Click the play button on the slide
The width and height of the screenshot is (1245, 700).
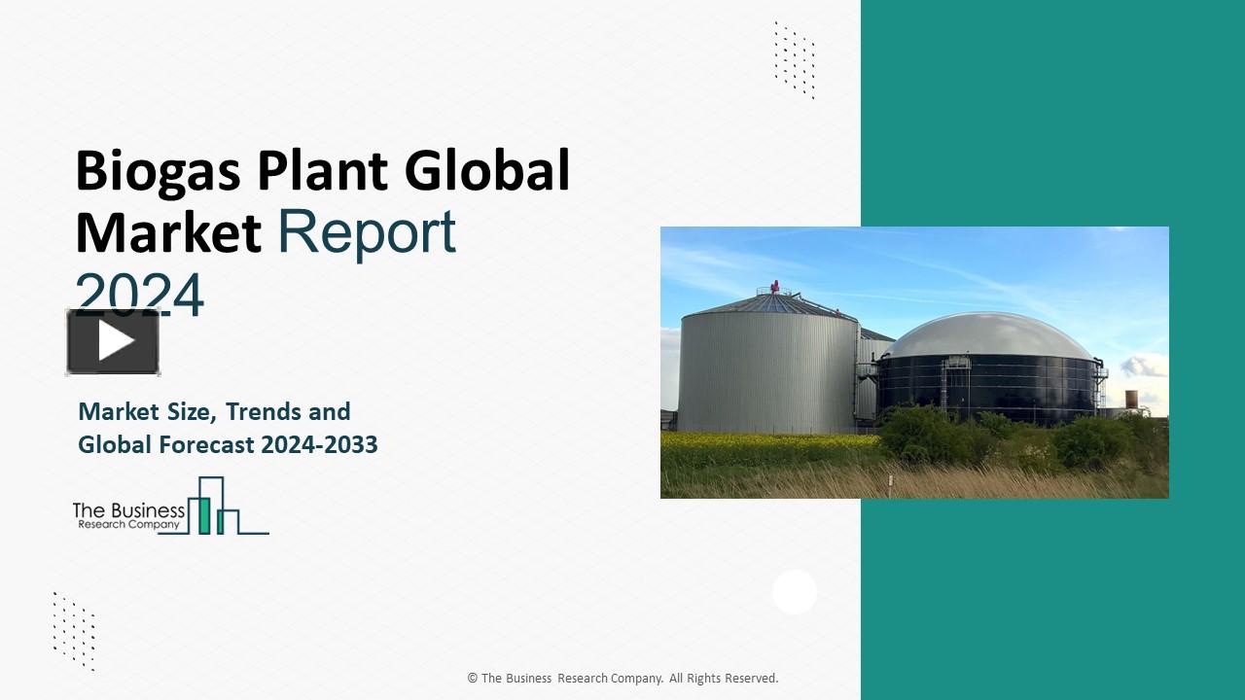tap(113, 341)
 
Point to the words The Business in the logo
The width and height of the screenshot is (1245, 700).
tap(128, 509)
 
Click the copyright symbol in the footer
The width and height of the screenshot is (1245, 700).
tap(473, 679)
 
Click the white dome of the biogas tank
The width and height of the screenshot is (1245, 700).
tap(988, 336)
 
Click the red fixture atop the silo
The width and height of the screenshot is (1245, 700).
tap(775, 287)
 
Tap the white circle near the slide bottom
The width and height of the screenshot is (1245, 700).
tap(795, 592)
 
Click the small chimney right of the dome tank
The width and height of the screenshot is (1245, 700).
tap(1131, 400)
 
